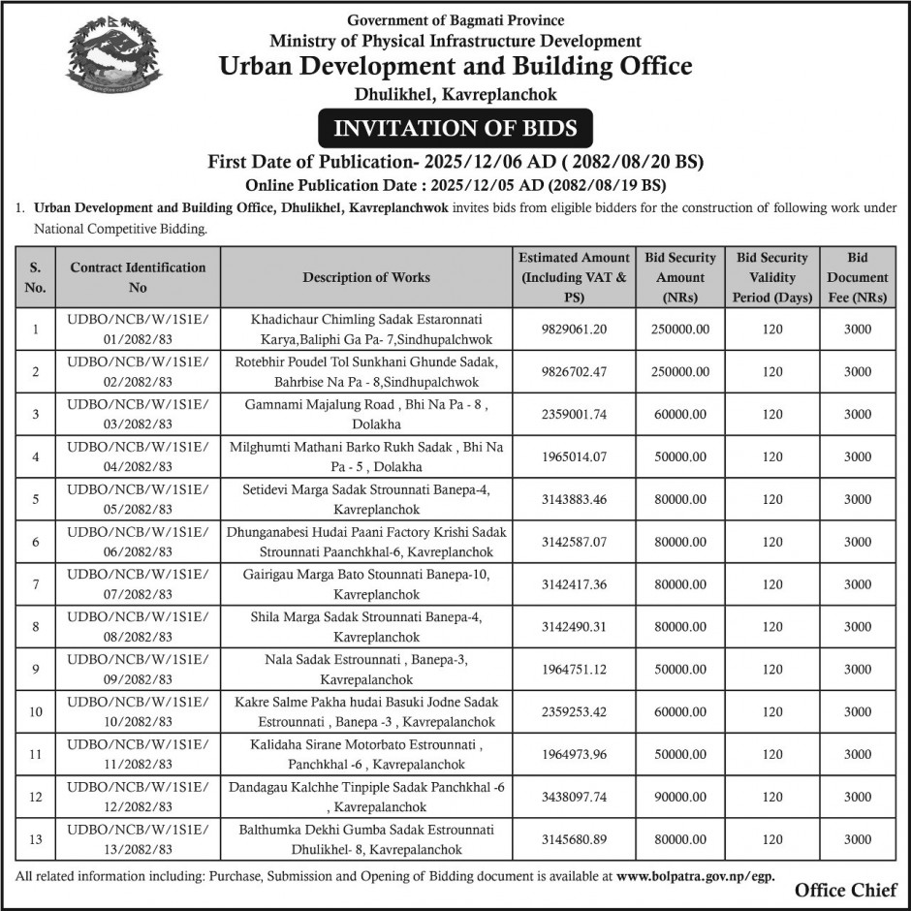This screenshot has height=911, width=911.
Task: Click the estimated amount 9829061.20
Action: pos(574,330)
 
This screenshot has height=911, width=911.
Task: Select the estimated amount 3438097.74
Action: pos(574,798)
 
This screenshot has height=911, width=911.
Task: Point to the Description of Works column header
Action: pos(366,277)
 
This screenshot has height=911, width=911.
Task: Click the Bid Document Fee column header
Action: pos(857,277)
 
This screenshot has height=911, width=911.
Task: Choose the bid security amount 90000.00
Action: pos(680,798)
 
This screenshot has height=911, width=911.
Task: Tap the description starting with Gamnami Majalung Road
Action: pos(366,414)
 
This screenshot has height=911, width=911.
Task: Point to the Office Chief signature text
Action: pos(845,891)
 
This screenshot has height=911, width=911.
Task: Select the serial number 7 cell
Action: pos(36,584)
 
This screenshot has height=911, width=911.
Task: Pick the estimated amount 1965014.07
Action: pos(574,456)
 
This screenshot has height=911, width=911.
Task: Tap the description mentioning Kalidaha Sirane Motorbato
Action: pos(366,755)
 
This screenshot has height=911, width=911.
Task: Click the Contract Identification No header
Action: pos(139,277)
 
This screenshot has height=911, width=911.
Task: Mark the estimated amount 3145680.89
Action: pos(574,839)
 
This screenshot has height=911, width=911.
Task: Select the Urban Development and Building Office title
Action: pos(455,67)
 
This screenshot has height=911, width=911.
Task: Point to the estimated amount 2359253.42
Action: pos(574,712)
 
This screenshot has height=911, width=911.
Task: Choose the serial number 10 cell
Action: pos(36,712)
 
